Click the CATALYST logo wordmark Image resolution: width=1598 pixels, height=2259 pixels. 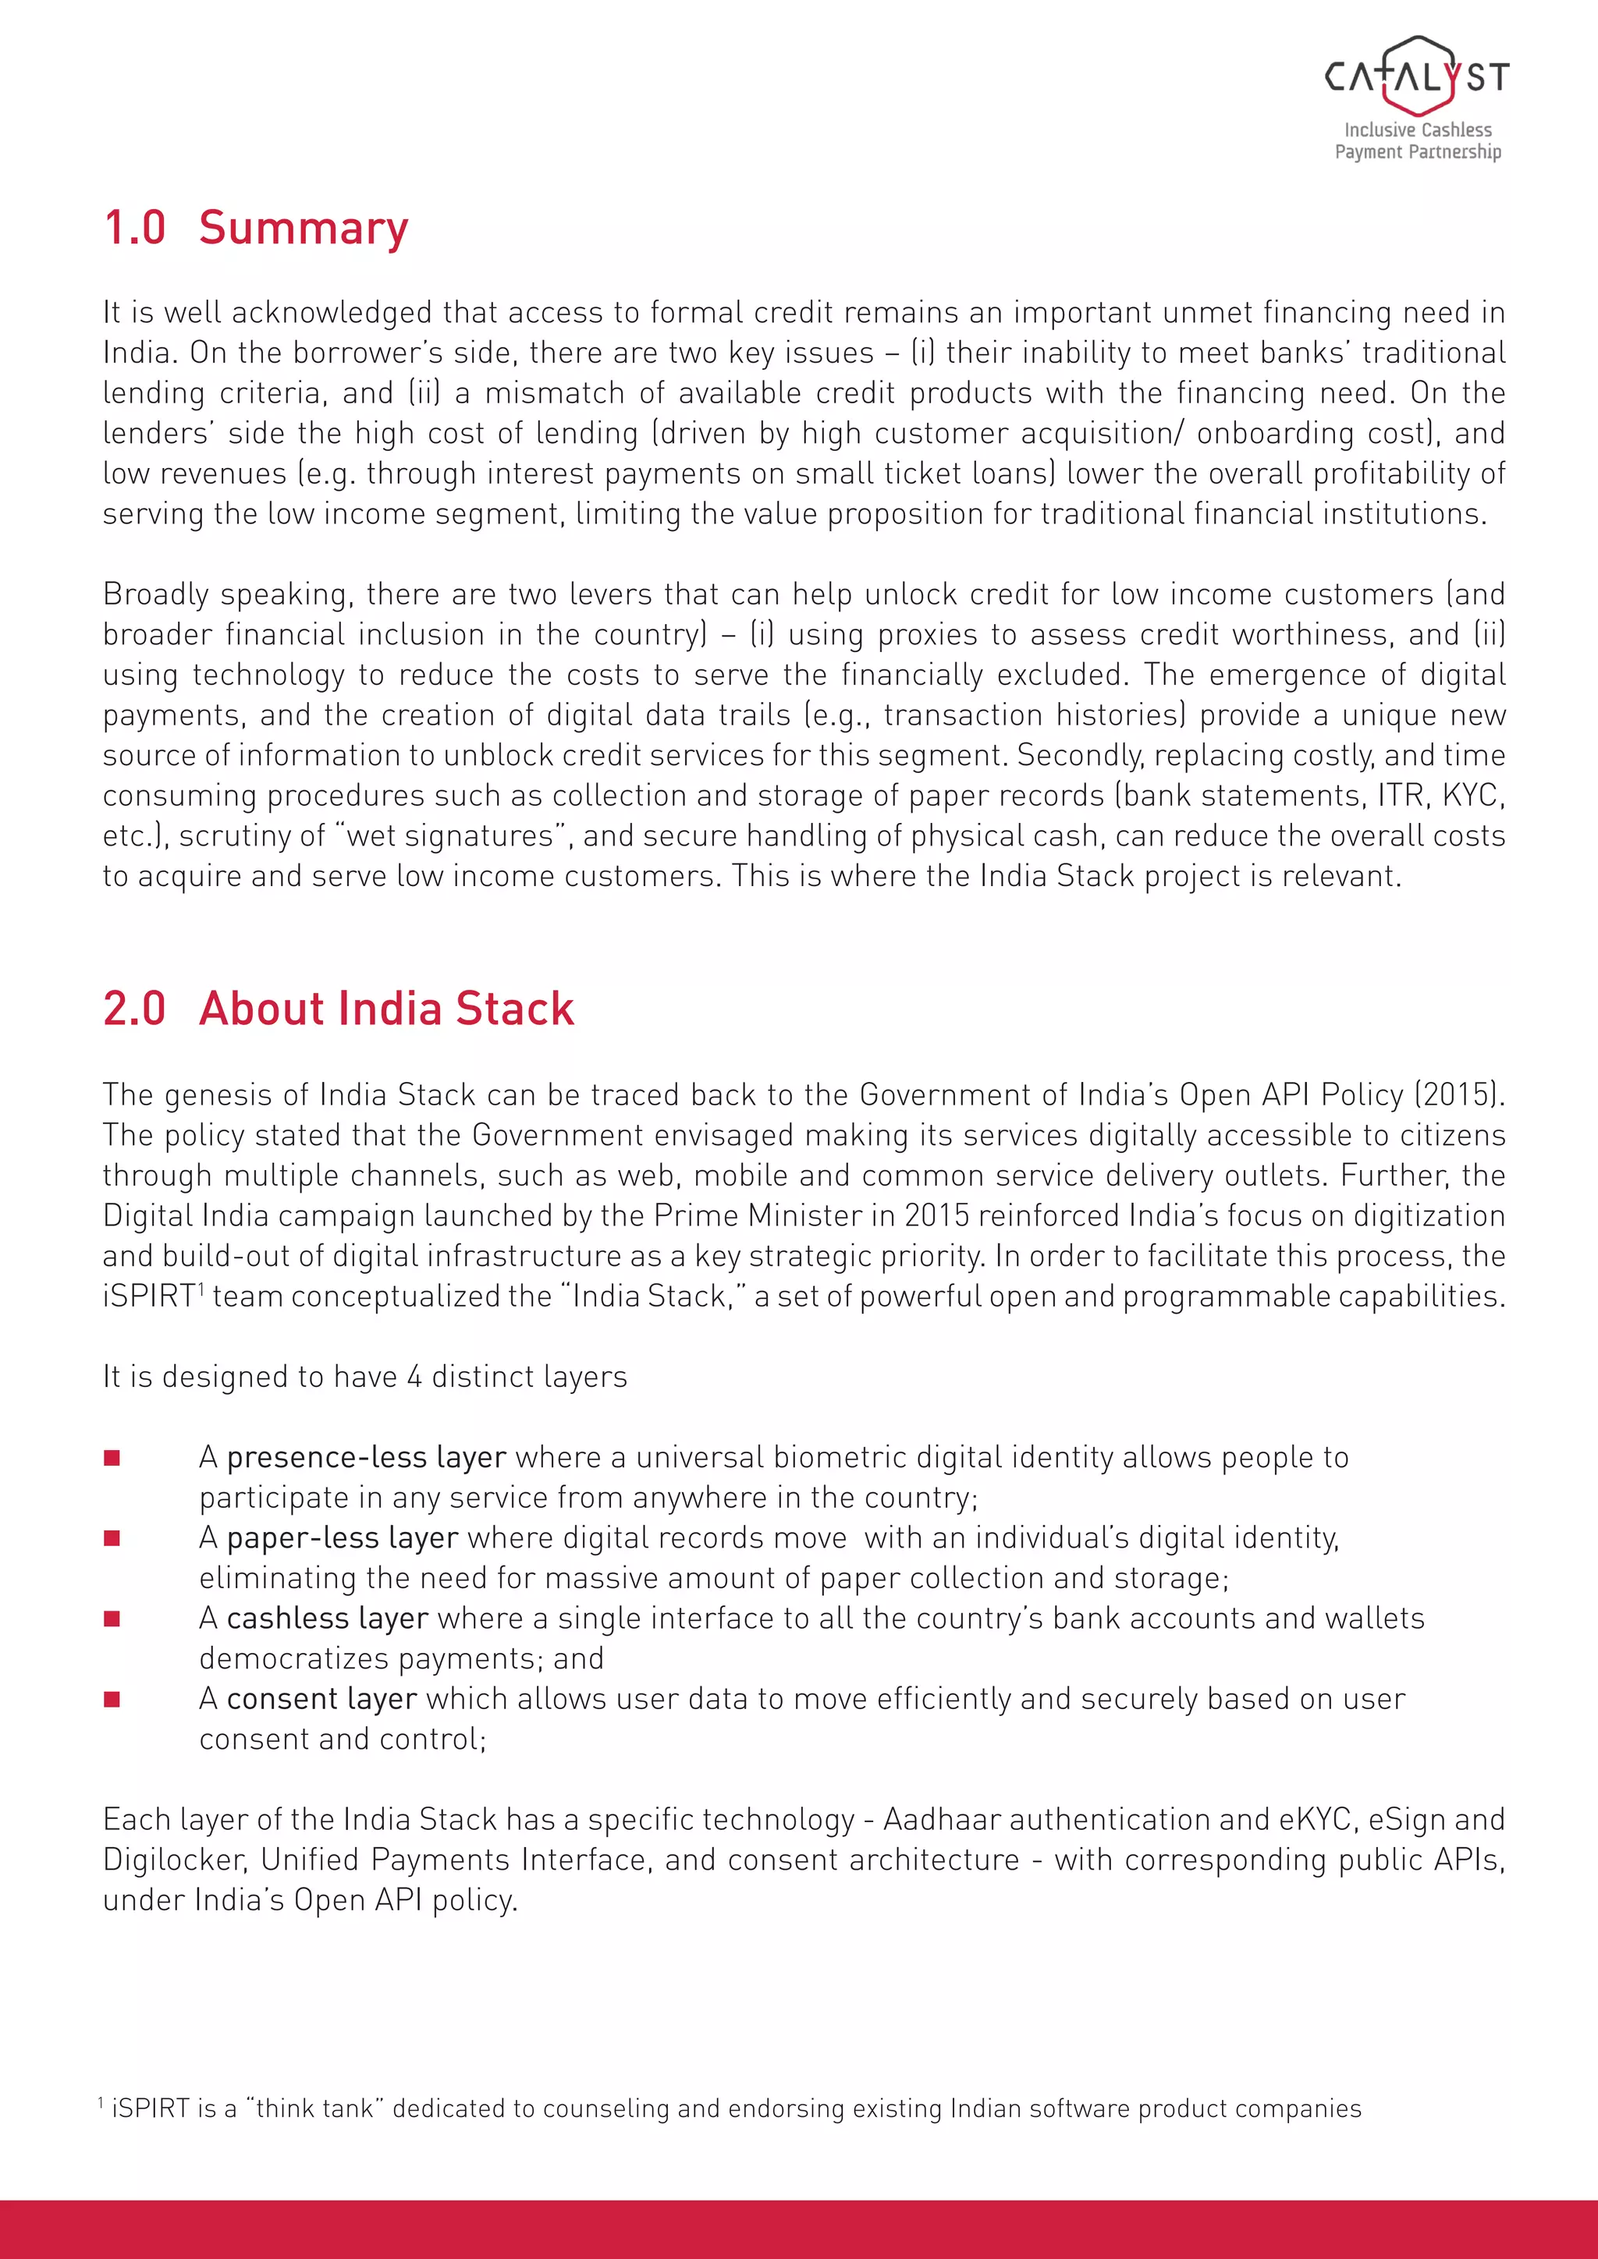point(1417,76)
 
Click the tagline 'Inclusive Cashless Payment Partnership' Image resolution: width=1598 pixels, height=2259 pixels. point(1418,140)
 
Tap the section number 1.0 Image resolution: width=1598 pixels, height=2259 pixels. point(135,229)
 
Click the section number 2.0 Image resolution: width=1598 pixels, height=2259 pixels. point(135,1009)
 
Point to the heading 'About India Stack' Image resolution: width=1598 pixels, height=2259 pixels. point(387,1009)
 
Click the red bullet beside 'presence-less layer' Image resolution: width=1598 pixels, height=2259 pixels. point(112,1458)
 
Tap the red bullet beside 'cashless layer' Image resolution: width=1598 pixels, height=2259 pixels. point(112,1619)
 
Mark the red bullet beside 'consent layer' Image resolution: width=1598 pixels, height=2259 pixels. point(112,1699)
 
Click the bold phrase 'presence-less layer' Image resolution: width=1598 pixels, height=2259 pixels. point(366,1457)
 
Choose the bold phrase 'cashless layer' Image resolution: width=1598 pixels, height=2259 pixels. point(327,1619)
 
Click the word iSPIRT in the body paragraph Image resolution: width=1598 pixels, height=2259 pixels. point(148,1296)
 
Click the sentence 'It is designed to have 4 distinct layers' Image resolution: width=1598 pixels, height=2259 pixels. point(365,1377)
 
